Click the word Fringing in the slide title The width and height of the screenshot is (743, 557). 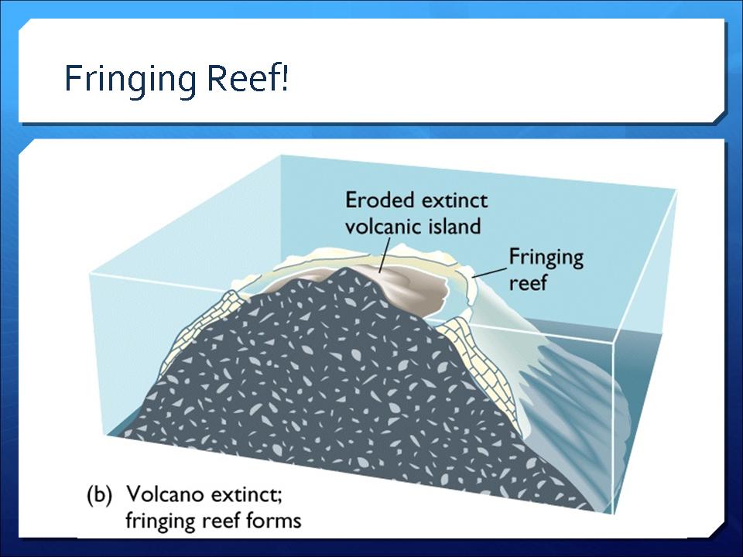pyautogui.click(x=130, y=80)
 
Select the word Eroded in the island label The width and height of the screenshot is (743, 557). pyautogui.click(x=379, y=200)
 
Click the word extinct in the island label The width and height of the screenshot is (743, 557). pyautogui.click(x=454, y=201)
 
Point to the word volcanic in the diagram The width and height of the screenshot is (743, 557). pyautogui.click(x=383, y=226)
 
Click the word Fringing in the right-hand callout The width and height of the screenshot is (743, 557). pyautogui.click(x=546, y=258)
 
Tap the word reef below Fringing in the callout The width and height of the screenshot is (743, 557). pyautogui.click(x=528, y=283)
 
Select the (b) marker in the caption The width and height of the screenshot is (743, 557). pyautogui.click(x=100, y=495)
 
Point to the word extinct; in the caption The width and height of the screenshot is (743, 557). pyautogui.click(x=246, y=495)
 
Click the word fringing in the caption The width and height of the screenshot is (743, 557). pyautogui.click(x=161, y=521)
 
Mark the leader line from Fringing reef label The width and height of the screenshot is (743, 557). pyautogui.click(x=489, y=272)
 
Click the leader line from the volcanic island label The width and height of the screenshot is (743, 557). pyautogui.click(x=385, y=255)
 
